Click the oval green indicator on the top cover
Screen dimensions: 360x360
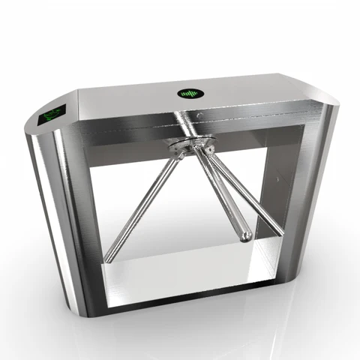click(190, 94)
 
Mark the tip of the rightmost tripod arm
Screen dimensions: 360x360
click(280, 232)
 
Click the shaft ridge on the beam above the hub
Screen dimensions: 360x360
click(184, 124)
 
